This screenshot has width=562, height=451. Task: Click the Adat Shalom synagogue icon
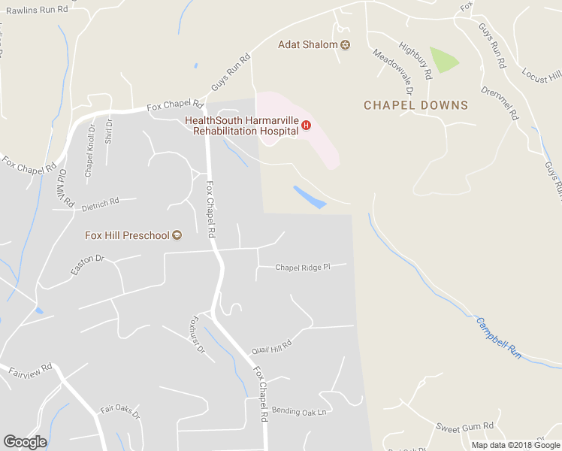346,45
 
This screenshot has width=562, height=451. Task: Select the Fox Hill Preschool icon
177,235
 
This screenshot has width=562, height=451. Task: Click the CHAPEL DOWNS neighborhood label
415,106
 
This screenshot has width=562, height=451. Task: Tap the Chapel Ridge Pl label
303,267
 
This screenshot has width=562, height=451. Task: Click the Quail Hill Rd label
271,345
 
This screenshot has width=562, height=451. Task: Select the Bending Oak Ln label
300,412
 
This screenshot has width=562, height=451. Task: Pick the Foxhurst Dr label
196,334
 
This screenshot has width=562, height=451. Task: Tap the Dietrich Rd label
101,203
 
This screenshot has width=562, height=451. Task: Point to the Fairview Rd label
30,370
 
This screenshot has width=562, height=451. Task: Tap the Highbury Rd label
416,61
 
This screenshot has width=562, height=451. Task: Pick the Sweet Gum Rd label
465,426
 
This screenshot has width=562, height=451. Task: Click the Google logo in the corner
25,442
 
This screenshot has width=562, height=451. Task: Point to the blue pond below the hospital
310,197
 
